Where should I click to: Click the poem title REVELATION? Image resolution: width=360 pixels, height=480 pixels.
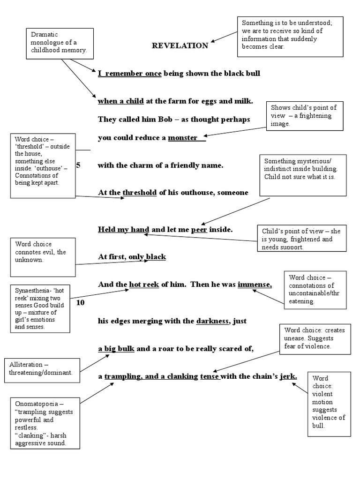(x=180, y=45)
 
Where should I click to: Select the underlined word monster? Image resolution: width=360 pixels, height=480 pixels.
(x=183, y=138)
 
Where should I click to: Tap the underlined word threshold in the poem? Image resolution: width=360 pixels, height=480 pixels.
(x=139, y=193)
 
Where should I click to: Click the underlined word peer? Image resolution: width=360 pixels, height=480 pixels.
(x=199, y=229)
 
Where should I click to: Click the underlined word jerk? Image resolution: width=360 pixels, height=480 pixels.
(x=288, y=376)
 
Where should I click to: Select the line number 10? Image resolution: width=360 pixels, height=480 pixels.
(x=80, y=302)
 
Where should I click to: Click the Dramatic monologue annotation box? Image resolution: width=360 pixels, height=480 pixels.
(x=59, y=43)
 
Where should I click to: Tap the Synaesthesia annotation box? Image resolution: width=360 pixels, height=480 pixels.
(x=42, y=307)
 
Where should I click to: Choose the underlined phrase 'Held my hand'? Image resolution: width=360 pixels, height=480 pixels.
(x=123, y=229)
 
